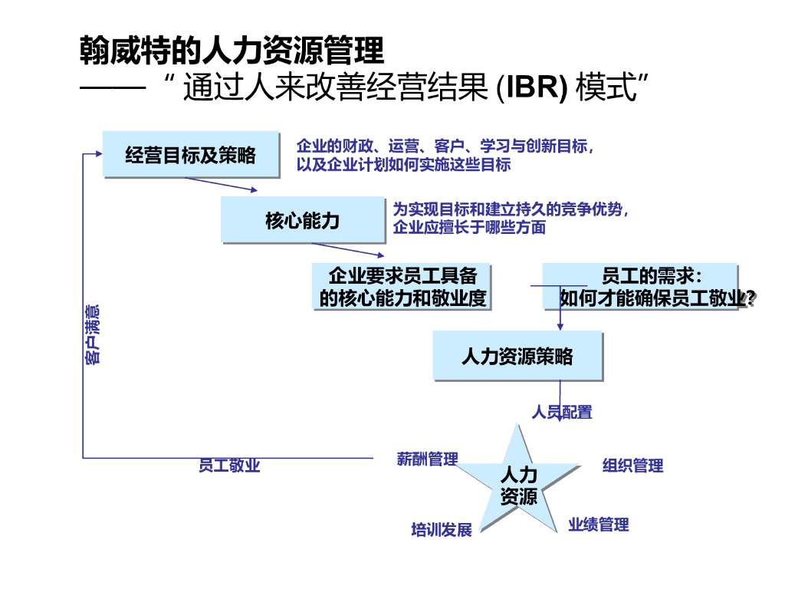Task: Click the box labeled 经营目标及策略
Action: [x=190, y=155]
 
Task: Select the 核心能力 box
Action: [x=302, y=221]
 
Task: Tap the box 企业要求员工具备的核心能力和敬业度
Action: [x=402, y=287]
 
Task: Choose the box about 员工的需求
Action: [x=641, y=287]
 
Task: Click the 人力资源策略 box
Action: [x=517, y=356]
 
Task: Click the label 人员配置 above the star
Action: [x=562, y=412]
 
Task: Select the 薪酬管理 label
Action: [x=427, y=459]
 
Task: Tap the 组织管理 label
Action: [x=632, y=465]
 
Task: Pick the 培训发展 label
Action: [x=442, y=529]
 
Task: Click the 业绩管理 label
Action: [x=598, y=525]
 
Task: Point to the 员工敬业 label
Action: [x=229, y=466]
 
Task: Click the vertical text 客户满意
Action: [x=92, y=334]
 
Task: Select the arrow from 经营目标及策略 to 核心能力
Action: [x=221, y=185]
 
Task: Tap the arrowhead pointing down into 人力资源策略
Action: [x=560, y=326]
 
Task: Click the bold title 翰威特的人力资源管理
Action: [x=232, y=52]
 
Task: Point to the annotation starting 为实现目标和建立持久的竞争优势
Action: [x=511, y=218]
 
